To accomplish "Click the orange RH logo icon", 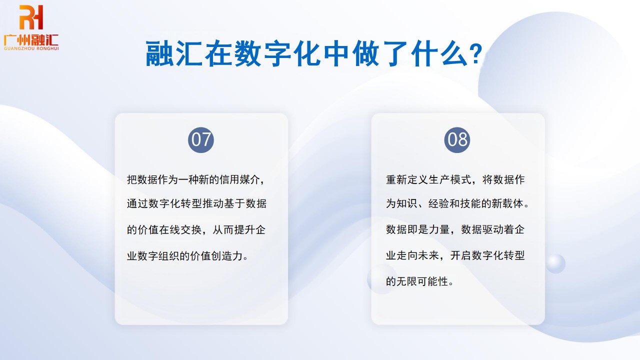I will [31, 17].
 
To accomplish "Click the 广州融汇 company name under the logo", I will [31, 39].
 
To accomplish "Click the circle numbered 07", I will [201, 139].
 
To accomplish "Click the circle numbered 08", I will [457, 139].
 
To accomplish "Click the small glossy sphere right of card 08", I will [555, 263].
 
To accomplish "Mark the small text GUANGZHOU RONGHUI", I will [31, 48].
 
